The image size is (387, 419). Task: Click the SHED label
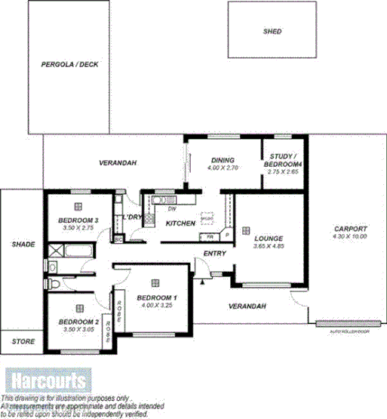pyautogui.click(x=272, y=32)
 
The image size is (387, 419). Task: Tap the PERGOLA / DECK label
pyautogui.click(x=69, y=65)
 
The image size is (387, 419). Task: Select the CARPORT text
pyautogui.click(x=349, y=229)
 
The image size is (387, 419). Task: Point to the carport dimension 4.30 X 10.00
pyautogui.click(x=349, y=237)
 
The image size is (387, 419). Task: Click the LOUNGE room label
pyautogui.click(x=268, y=237)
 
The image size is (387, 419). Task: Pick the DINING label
pyautogui.click(x=223, y=160)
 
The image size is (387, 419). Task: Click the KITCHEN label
pyautogui.click(x=181, y=223)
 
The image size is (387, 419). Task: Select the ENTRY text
pyautogui.click(x=215, y=253)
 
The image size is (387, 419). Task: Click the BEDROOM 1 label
pyautogui.click(x=157, y=298)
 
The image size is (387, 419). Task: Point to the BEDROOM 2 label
pyautogui.click(x=78, y=322)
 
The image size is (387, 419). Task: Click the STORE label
pyautogui.click(x=23, y=342)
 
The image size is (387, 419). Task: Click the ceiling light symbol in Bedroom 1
pyautogui.click(x=155, y=282)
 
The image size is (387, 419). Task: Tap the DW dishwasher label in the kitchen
pyautogui.click(x=172, y=209)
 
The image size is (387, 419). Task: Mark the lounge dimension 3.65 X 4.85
pyautogui.click(x=268, y=245)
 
